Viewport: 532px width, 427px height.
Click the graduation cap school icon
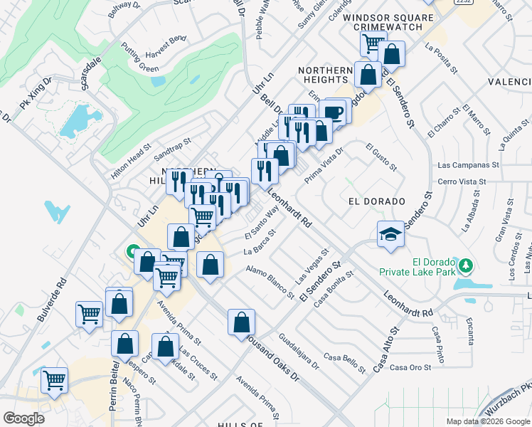tap(390, 236)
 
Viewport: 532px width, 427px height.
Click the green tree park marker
tap(466, 265)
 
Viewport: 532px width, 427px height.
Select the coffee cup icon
tap(333, 112)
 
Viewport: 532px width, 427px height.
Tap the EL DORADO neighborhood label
tap(376, 201)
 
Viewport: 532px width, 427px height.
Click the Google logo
tap(23, 418)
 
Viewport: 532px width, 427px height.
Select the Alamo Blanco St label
tap(270, 282)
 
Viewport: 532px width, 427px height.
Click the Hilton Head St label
tap(132, 163)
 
